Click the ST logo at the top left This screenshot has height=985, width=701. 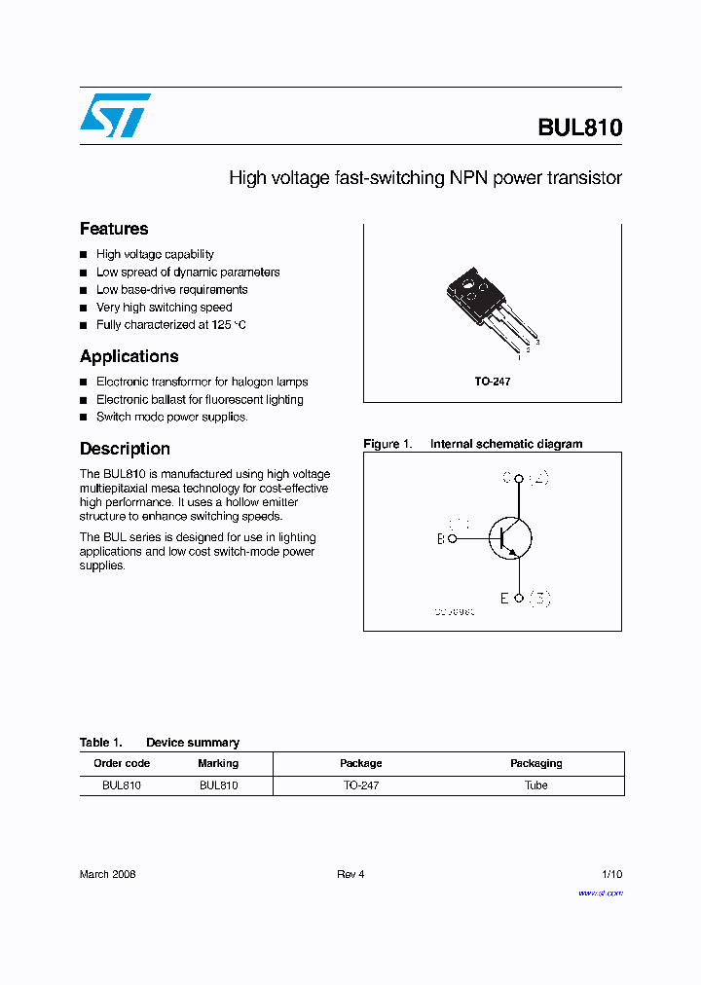[115, 115]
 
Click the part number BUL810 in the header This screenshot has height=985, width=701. [579, 128]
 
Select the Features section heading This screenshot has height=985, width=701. [114, 229]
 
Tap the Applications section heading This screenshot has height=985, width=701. [129, 356]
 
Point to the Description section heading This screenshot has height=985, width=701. [125, 449]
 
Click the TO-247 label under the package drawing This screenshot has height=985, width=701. [492, 382]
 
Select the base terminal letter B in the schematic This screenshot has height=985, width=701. [440, 538]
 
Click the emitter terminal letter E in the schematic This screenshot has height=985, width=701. [504, 599]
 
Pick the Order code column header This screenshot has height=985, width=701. [122, 763]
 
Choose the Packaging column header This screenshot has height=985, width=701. [535, 763]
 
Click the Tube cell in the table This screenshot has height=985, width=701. [535, 784]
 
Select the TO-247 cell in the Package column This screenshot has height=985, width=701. [360, 784]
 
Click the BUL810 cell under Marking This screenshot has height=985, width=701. [218, 784]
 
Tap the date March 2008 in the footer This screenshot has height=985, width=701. [107, 874]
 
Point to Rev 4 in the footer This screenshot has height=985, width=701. [350, 874]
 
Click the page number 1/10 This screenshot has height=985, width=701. [611, 874]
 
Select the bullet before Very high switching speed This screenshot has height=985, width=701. [84, 308]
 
